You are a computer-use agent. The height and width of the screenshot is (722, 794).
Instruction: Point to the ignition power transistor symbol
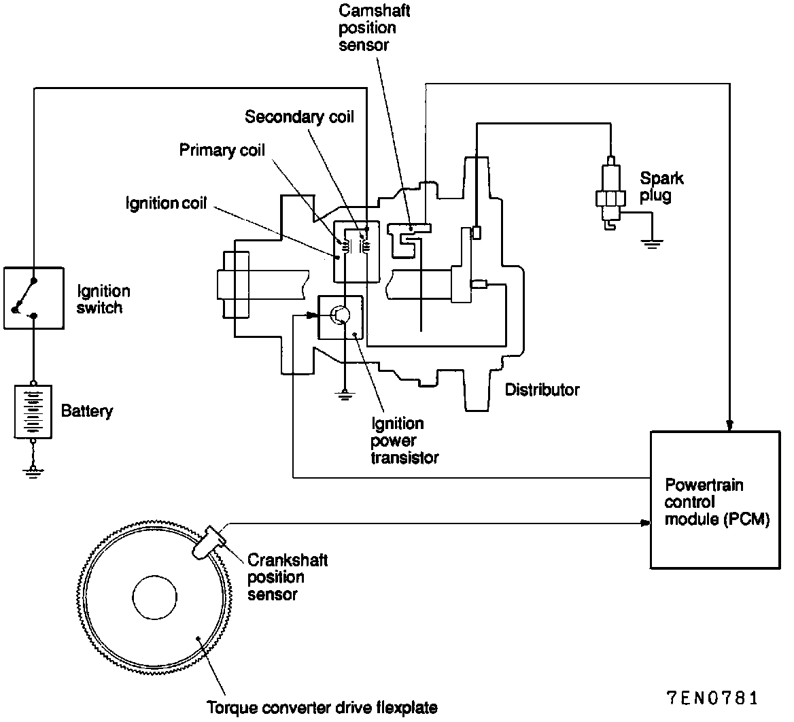(x=341, y=315)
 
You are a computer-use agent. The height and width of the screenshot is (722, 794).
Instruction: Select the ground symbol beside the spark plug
(x=652, y=243)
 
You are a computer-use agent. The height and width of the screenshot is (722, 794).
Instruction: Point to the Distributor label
(x=542, y=390)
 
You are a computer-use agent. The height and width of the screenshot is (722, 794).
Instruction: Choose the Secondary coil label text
(x=299, y=117)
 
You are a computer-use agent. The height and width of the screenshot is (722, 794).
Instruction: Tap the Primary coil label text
(x=222, y=150)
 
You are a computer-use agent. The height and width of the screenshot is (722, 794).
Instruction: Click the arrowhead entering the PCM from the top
(x=729, y=425)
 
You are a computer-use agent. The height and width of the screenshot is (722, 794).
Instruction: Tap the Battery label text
(x=87, y=411)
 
